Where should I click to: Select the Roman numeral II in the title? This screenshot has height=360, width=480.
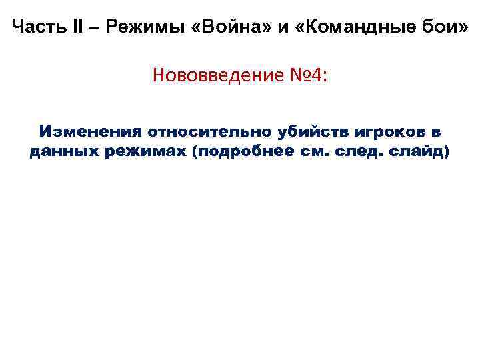point(73,27)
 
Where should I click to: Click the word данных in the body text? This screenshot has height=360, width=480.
point(63,152)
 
